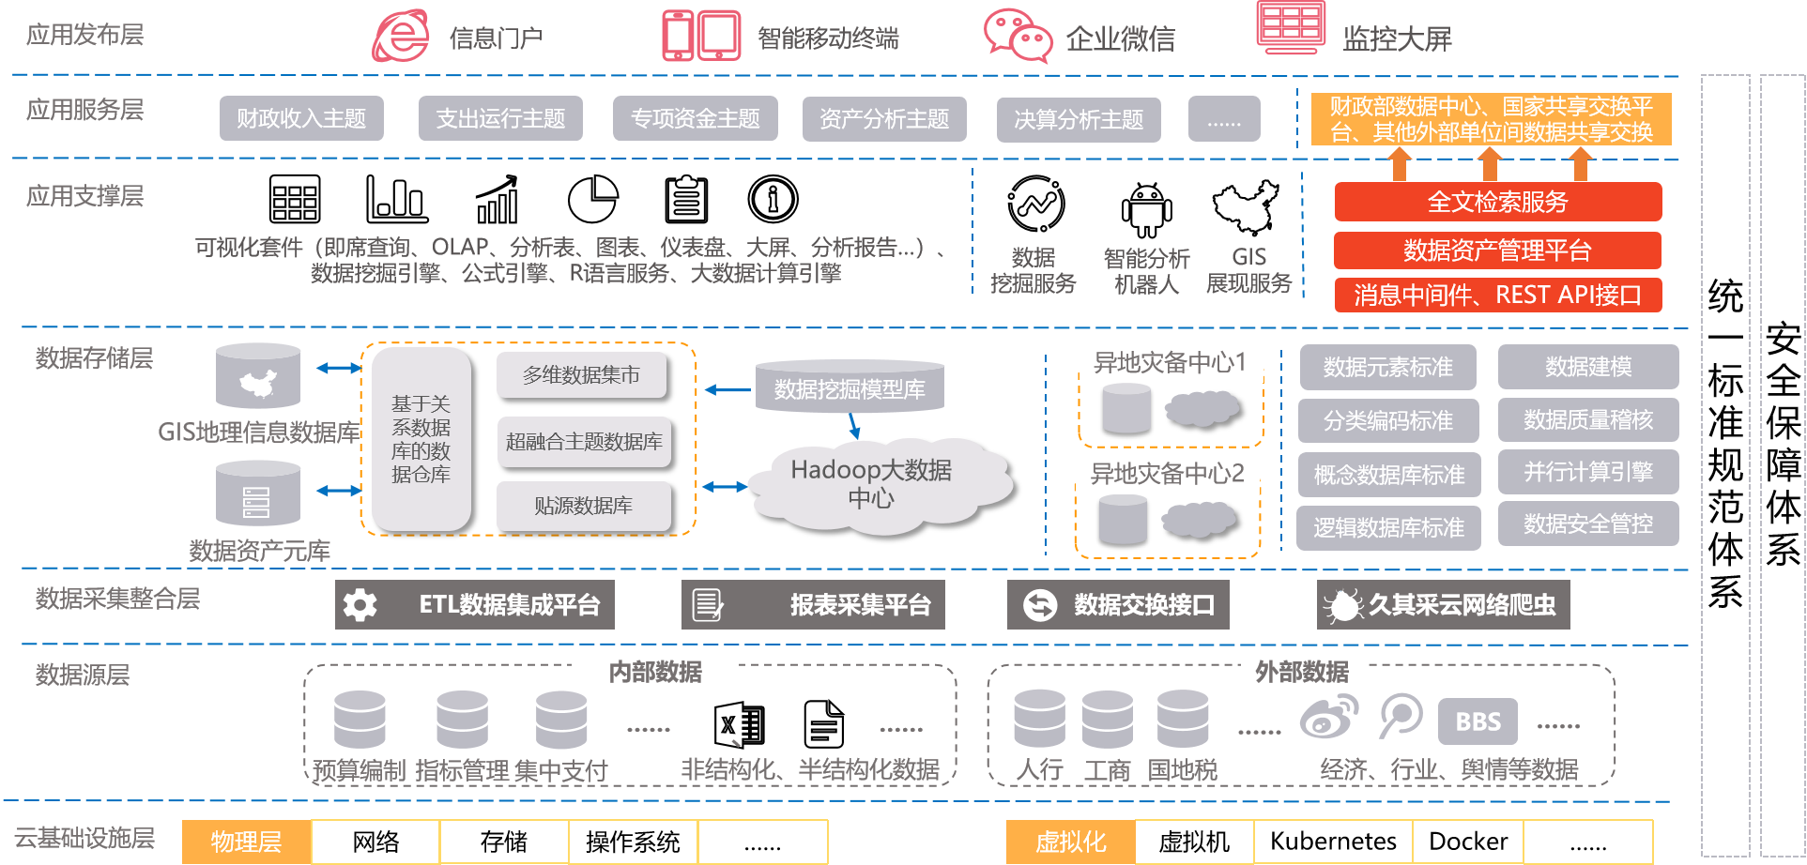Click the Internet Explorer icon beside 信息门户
401,37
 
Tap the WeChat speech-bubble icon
1018,36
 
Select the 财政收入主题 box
301,118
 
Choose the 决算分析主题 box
1079,119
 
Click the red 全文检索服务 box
1497,202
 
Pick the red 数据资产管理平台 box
1497,250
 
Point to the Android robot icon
1146,211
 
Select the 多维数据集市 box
581,375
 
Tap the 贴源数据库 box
583,506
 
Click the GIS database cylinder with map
258,377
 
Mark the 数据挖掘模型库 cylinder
850,387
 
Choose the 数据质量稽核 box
1587,419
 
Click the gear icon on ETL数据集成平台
360,605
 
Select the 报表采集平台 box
813,605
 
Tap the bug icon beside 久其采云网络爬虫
1342,605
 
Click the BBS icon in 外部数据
1478,721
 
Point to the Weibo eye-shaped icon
1328,719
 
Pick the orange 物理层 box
246,842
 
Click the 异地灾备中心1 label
1170,362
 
